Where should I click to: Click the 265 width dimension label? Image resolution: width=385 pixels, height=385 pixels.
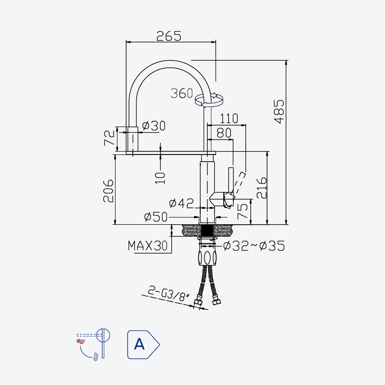[169, 36]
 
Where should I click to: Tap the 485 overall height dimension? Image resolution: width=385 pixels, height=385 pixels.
[279, 111]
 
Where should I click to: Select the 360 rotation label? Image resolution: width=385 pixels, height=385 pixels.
[182, 93]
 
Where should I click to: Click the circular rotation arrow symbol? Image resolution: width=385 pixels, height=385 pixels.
[209, 100]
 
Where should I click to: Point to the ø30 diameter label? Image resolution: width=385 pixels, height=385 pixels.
[154, 126]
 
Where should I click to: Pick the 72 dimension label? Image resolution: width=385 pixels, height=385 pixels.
[110, 138]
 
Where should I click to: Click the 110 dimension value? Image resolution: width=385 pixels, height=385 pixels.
[229, 118]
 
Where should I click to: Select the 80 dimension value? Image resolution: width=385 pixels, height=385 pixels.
[224, 133]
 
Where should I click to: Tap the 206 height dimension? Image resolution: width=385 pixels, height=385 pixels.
[108, 191]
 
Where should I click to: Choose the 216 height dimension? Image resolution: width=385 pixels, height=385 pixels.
[261, 188]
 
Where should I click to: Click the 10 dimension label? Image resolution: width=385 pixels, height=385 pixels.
[160, 178]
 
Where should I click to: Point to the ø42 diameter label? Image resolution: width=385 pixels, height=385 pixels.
[181, 203]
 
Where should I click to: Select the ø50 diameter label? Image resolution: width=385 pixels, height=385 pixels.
[156, 217]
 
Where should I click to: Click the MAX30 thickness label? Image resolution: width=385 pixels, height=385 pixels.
[148, 245]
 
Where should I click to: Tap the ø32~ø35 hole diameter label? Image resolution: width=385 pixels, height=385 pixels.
[254, 246]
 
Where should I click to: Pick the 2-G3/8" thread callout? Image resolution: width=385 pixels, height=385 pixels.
[169, 294]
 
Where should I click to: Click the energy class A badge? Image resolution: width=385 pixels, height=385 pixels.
[143, 345]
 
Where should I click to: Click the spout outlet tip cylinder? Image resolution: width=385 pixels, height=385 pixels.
[133, 139]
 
